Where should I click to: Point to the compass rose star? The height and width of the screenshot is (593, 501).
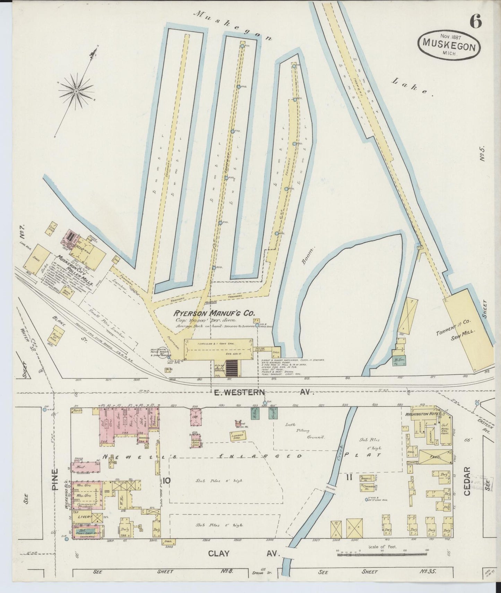[76, 91]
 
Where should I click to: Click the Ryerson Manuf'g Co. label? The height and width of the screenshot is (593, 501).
[214, 313]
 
